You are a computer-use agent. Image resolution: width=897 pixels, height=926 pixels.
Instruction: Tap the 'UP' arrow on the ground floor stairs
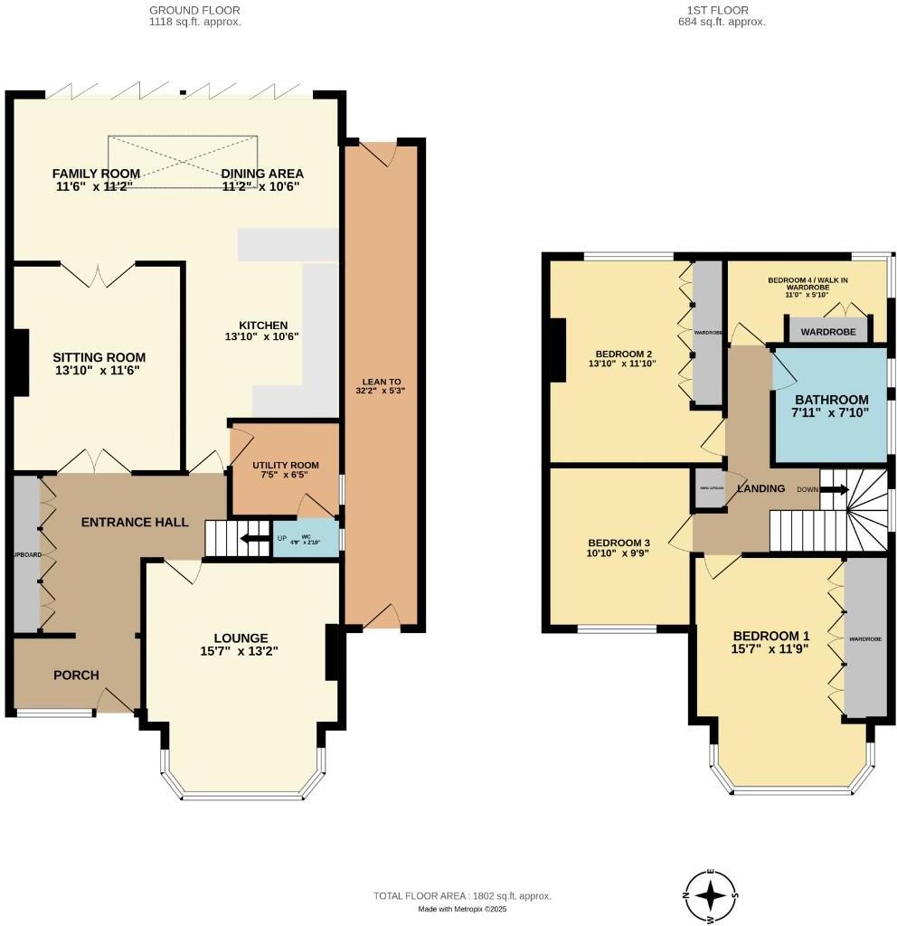[x=253, y=540]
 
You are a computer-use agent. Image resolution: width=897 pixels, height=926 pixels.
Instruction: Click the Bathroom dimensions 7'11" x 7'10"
[x=831, y=413]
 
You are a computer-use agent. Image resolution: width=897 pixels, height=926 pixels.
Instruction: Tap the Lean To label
[x=379, y=380]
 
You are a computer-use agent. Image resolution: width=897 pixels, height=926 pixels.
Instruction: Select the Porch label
[x=76, y=675]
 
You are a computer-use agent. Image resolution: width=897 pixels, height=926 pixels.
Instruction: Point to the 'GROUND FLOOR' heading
[x=194, y=10]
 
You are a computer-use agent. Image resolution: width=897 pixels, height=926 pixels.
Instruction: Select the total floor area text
[x=462, y=896]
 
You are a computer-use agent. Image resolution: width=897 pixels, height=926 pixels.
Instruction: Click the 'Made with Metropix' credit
[x=462, y=910]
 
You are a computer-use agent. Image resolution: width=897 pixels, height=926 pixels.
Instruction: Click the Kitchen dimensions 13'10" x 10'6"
[x=262, y=336]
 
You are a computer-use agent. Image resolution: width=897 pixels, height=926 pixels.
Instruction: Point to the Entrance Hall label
[x=135, y=522]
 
